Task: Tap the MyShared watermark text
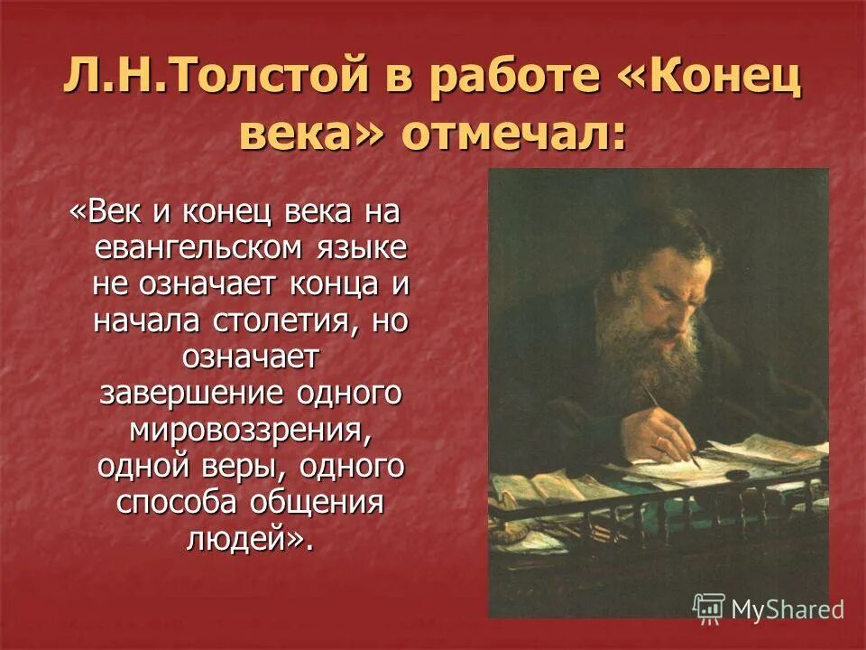787,609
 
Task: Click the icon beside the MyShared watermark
709,608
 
